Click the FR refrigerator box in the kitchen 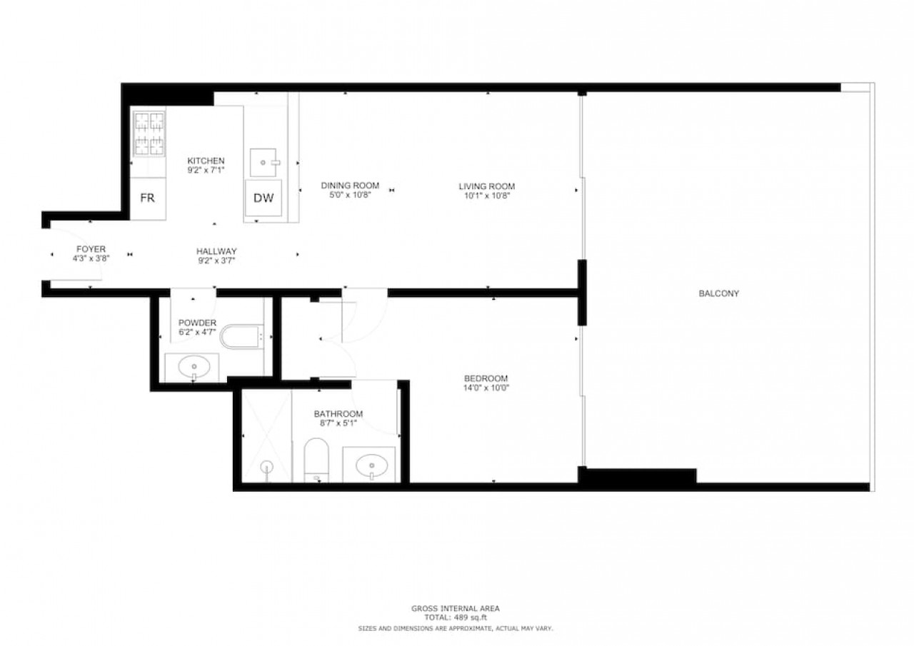pyautogui.click(x=148, y=198)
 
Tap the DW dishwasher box pyautogui.click(x=263, y=198)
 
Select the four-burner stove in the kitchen pyautogui.click(x=149, y=133)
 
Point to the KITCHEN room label pyautogui.click(x=206, y=161)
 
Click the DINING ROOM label pyautogui.click(x=350, y=186)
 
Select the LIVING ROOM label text pyautogui.click(x=487, y=186)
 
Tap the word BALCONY pyautogui.click(x=719, y=293)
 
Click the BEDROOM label pyautogui.click(x=486, y=378)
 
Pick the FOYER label pyautogui.click(x=91, y=249)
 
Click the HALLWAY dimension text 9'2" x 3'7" pyautogui.click(x=216, y=261)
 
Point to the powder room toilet pyautogui.click(x=241, y=337)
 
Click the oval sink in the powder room pyautogui.click(x=194, y=367)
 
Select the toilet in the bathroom pyautogui.click(x=316, y=460)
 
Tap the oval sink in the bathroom pyautogui.click(x=371, y=465)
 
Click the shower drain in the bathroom pyautogui.click(x=267, y=465)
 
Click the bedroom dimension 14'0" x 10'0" pyautogui.click(x=486, y=388)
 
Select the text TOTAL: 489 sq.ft pyautogui.click(x=456, y=617)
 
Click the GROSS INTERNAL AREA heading pyautogui.click(x=456, y=608)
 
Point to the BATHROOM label pyautogui.click(x=338, y=414)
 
